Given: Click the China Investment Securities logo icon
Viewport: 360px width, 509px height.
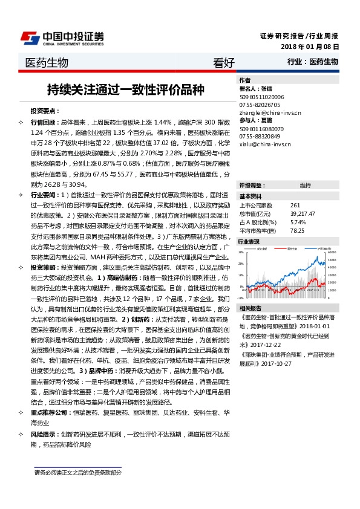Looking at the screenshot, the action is click(x=31, y=37).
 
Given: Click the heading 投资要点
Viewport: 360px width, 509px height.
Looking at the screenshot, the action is click(x=45, y=111).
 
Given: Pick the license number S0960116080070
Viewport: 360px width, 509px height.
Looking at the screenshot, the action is click(x=263, y=129).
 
